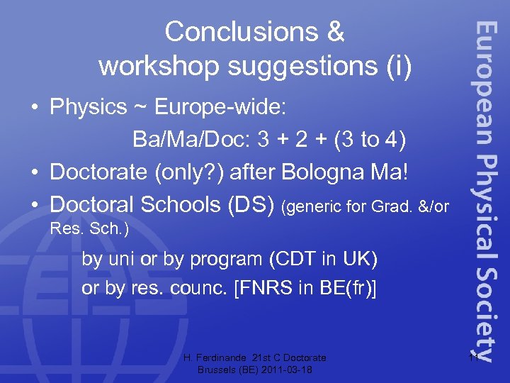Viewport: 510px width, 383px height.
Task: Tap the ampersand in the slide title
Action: click(x=335, y=32)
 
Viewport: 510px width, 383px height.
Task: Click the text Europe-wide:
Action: click(x=220, y=108)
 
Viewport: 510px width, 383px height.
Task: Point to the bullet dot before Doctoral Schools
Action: click(x=34, y=204)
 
